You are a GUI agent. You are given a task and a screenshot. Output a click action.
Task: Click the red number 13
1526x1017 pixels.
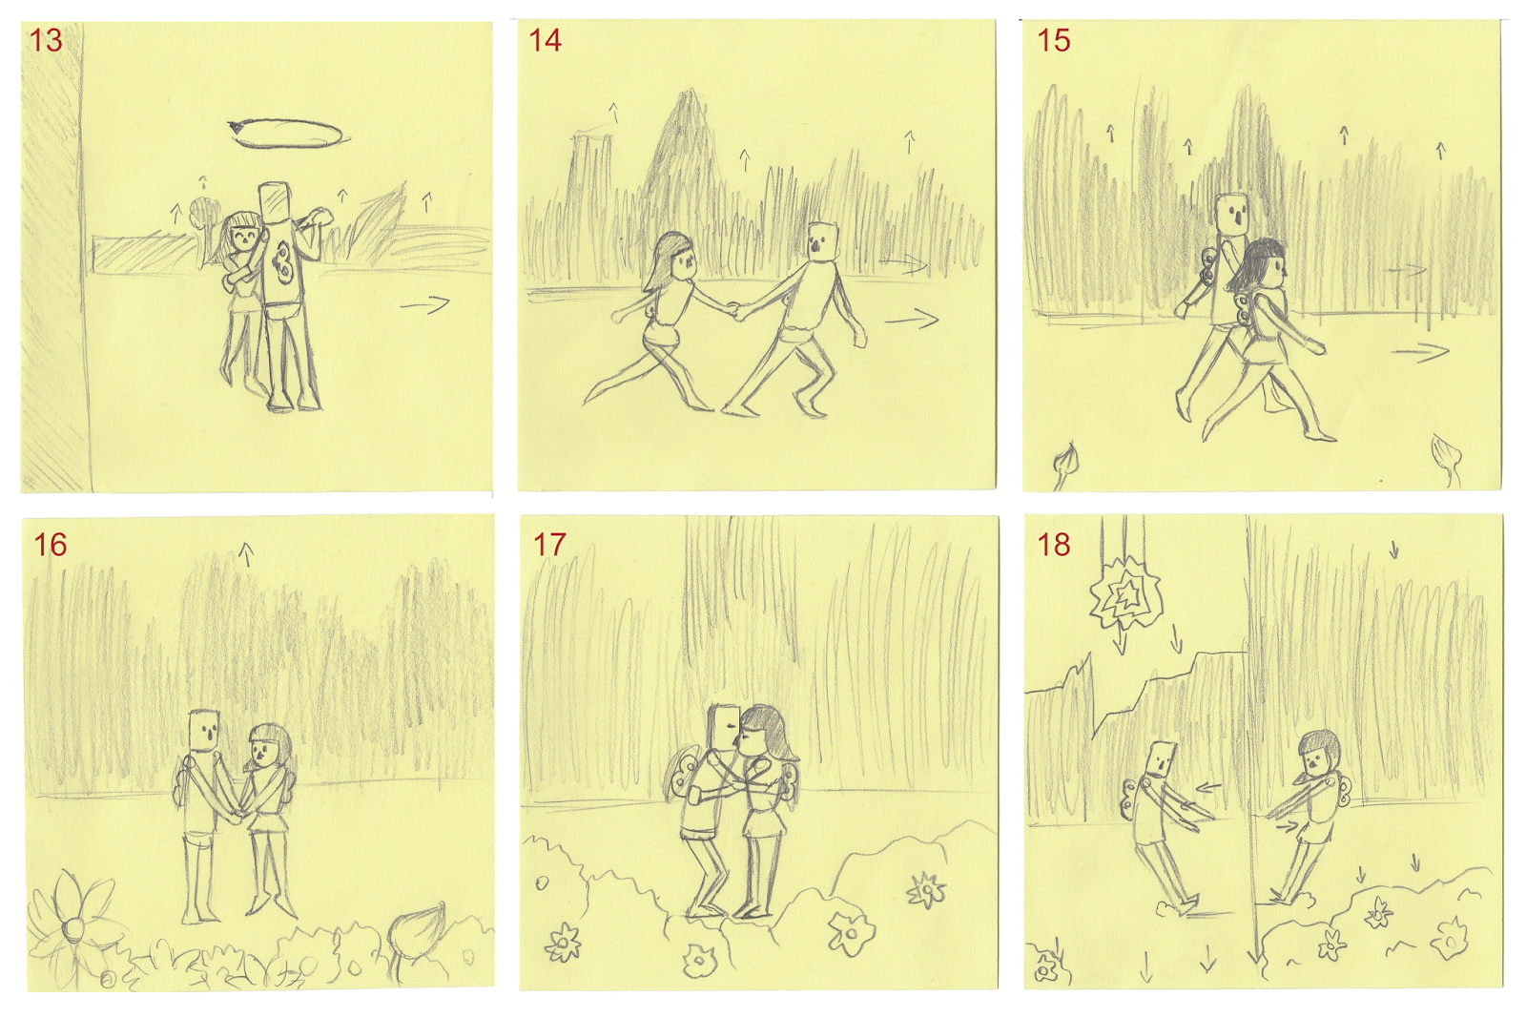click(46, 40)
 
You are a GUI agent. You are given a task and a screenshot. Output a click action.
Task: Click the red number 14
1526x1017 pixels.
click(545, 40)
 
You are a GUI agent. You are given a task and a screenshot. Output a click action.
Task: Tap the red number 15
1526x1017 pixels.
click(1054, 40)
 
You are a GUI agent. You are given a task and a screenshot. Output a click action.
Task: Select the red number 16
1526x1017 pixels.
click(50, 545)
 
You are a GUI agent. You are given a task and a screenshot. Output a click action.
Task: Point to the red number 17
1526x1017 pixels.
click(549, 545)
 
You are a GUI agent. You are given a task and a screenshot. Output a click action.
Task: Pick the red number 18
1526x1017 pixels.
click(1054, 545)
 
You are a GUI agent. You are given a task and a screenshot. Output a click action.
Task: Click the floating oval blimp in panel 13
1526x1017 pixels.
click(286, 134)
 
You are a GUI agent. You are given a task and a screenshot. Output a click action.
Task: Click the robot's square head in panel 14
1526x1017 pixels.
click(821, 240)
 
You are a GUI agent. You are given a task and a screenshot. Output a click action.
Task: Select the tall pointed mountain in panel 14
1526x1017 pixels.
click(685, 143)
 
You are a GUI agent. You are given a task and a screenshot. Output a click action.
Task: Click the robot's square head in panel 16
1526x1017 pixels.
click(204, 730)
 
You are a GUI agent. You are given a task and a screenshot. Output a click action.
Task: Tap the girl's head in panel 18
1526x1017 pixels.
click(1318, 753)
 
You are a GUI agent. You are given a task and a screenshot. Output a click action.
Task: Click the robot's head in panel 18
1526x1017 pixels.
click(1160, 759)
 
